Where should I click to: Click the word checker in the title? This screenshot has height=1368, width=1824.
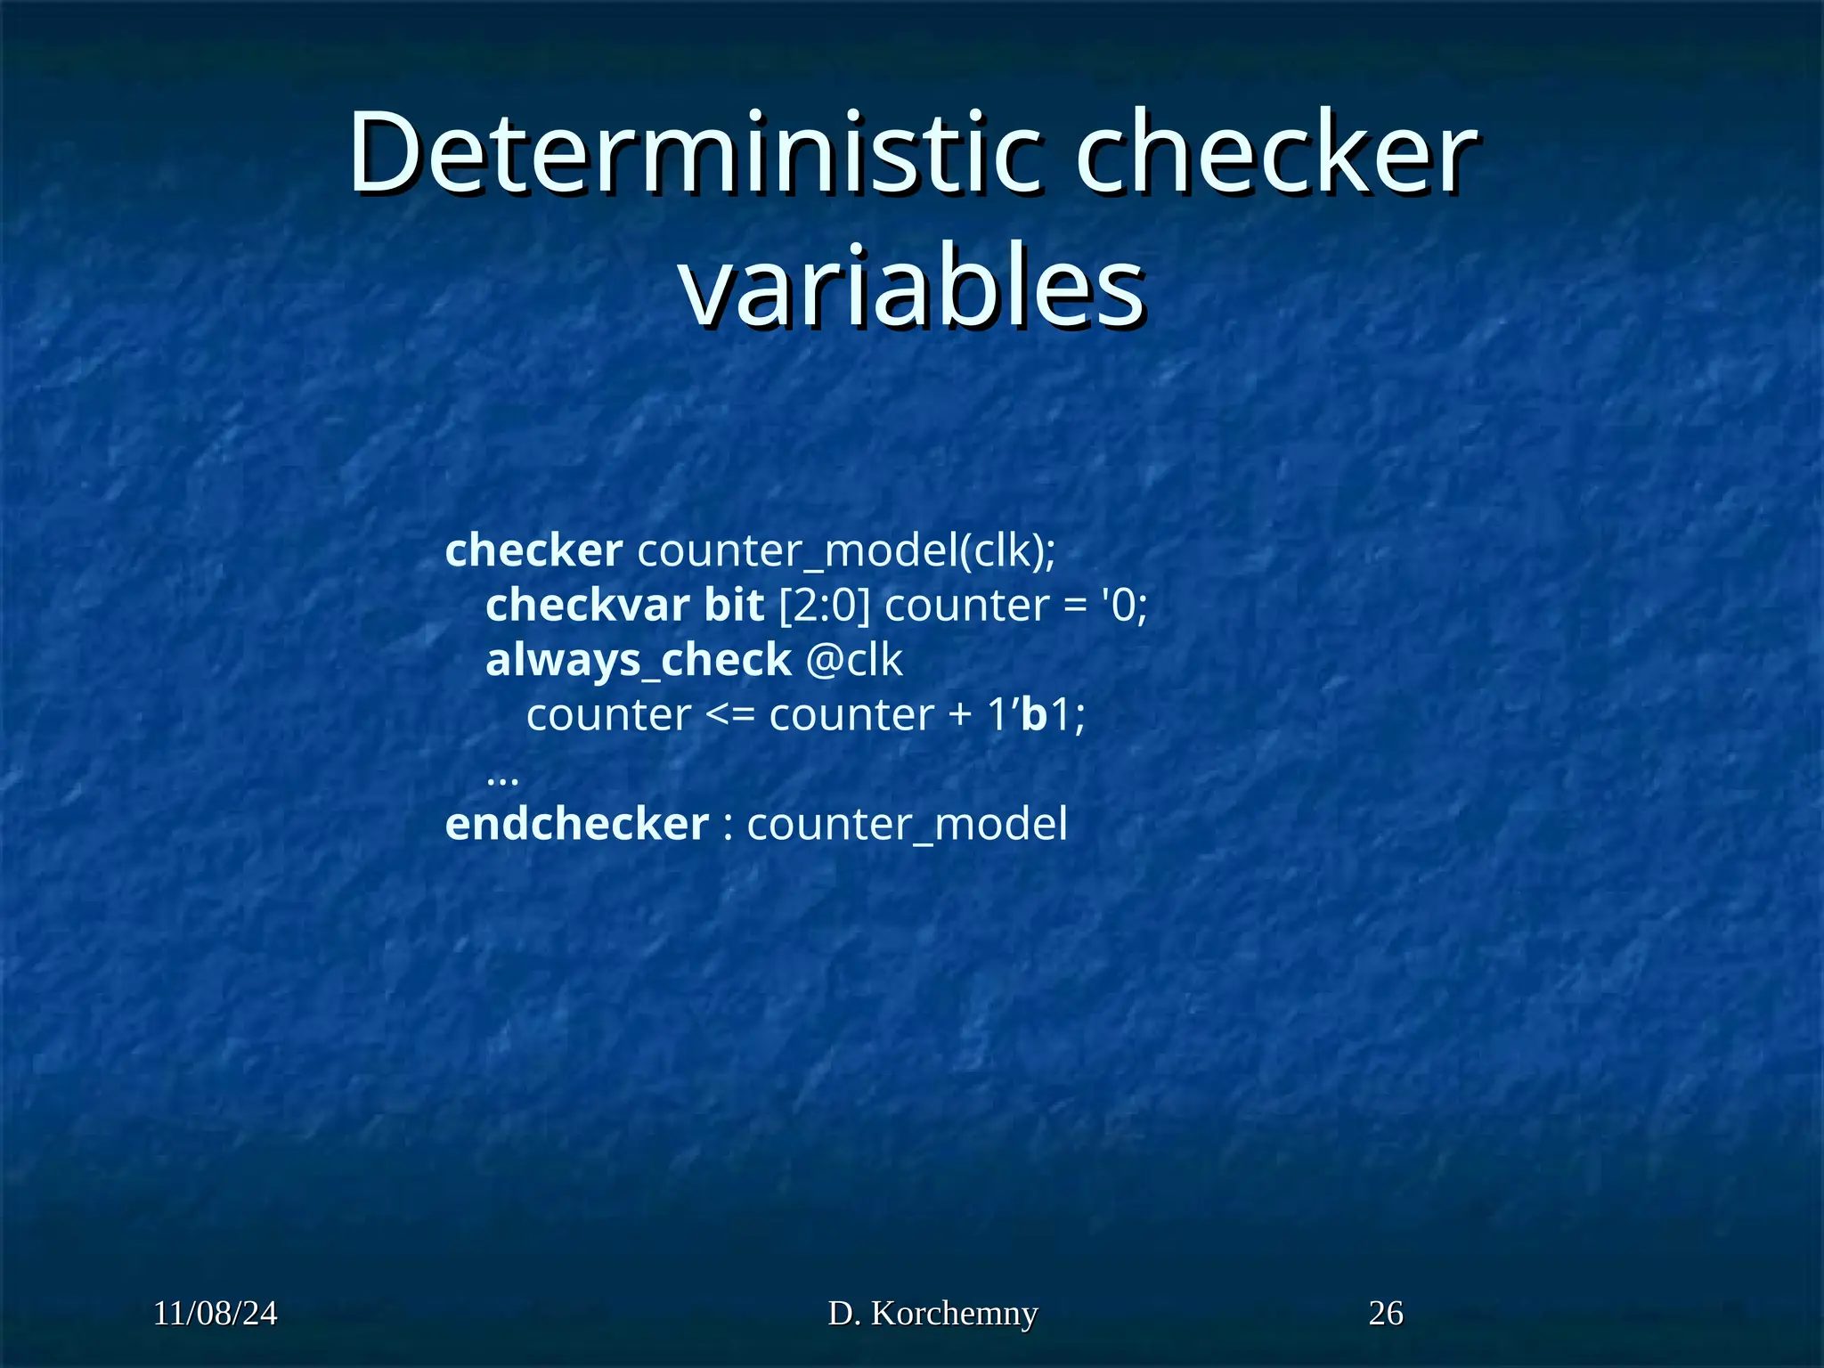pyautogui.click(x=1275, y=153)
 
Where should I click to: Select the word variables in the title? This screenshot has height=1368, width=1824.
pyautogui.click(x=912, y=287)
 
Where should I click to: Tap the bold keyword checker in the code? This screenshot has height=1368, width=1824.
pyautogui.click(x=533, y=550)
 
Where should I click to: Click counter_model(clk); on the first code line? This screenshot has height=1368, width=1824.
pyautogui.click(x=846, y=550)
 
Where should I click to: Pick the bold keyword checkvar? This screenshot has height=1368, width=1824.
pyautogui.click(x=587, y=606)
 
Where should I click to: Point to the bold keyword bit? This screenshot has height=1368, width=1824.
pyautogui.click(x=734, y=606)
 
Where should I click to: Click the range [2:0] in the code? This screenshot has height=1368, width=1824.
pyautogui.click(x=824, y=606)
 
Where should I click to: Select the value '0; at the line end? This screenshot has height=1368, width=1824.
pyautogui.click(x=1125, y=606)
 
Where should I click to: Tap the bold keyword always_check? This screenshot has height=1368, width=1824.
pyautogui.click(x=638, y=660)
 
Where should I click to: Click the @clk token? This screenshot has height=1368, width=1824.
pyautogui.click(x=854, y=660)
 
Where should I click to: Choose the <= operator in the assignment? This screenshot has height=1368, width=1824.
pyautogui.click(x=729, y=715)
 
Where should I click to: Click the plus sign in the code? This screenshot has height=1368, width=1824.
pyautogui.click(x=960, y=715)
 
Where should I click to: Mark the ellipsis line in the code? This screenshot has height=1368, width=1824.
pyautogui.click(x=503, y=777)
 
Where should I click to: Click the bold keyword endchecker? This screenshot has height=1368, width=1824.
pyautogui.click(x=577, y=824)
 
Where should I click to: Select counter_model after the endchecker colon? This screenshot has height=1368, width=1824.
pyautogui.click(x=907, y=824)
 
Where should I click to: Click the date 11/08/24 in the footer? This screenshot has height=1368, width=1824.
pyautogui.click(x=216, y=1314)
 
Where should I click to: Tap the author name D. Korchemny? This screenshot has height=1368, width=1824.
pyautogui.click(x=932, y=1314)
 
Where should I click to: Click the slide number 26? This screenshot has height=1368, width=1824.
pyautogui.click(x=1386, y=1314)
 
